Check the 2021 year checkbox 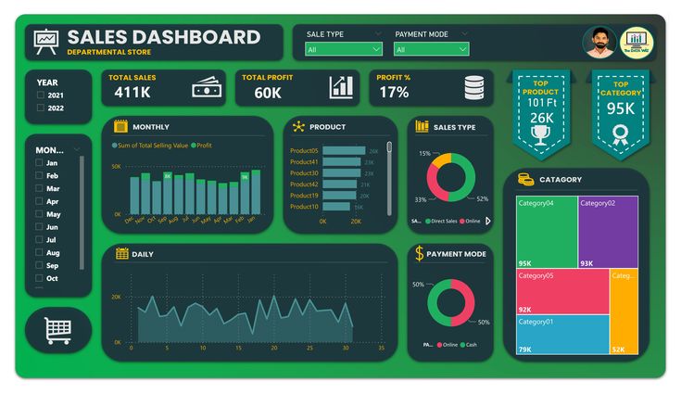40,95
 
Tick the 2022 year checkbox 40,108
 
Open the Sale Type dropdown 344,49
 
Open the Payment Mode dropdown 431,49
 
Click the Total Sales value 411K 132,92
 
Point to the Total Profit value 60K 268,93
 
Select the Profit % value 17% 394,93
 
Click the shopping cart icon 57,330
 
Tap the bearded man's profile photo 599,42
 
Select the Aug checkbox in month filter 38,253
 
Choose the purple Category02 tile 608,232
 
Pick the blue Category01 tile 562,335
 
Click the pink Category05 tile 562,291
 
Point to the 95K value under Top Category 621,108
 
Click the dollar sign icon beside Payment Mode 419,253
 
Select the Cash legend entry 471,345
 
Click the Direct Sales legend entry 442,222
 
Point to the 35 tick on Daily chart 381,349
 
